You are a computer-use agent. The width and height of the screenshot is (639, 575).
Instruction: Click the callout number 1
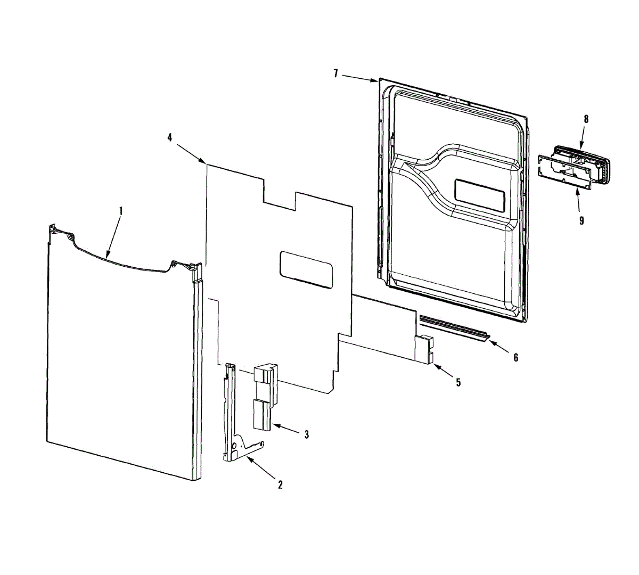[121, 211]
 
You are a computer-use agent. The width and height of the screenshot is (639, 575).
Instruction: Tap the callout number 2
[280, 484]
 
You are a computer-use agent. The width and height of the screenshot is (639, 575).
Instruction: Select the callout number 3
[306, 434]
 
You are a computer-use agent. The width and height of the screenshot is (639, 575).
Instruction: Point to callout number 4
[170, 137]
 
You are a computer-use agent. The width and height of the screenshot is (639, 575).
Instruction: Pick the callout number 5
[458, 382]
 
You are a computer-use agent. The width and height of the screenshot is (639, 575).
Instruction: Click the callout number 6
[515, 357]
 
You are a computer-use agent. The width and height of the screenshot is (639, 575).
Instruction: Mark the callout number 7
[335, 73]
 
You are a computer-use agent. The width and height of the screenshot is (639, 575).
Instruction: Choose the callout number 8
[586, 119]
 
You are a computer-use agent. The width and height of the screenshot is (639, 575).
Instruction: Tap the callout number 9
[581, 220]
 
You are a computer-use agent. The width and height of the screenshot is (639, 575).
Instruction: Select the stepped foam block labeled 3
[265, 397]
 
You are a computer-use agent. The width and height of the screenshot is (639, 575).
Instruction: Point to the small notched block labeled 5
[424, 349]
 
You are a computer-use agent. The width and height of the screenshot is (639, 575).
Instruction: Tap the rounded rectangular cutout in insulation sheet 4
[306, 269]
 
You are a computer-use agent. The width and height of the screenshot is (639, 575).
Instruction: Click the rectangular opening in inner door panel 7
[480, 196]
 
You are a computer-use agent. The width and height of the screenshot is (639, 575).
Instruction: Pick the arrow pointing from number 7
[360, 79]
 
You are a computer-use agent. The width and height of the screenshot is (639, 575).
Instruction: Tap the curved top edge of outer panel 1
[121, 262]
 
